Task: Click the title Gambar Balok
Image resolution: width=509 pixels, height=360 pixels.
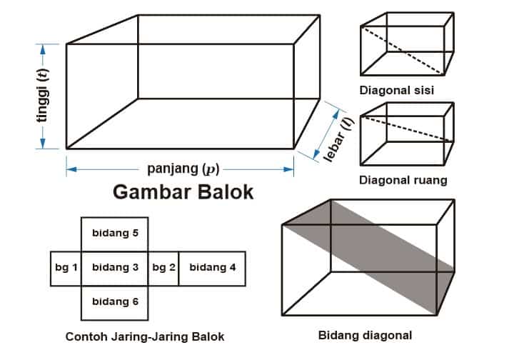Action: pos(183,193)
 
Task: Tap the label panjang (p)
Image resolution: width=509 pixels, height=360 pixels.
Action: pos(183,169)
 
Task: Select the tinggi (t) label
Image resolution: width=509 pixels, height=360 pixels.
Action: pos(44,96)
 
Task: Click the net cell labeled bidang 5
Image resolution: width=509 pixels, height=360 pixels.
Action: pos(115,233)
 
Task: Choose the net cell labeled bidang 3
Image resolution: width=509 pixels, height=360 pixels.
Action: pos(115,268)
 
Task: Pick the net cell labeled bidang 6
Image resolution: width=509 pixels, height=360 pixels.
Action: pos(115,301)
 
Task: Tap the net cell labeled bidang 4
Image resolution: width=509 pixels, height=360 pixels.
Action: pos(212,268)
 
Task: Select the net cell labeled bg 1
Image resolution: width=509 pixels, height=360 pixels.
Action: pos(66,268)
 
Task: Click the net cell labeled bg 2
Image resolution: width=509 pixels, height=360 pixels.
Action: pos(163,268)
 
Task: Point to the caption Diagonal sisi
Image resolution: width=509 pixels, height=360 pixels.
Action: pos(397,91)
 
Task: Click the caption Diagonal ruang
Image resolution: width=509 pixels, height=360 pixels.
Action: pos(403,180)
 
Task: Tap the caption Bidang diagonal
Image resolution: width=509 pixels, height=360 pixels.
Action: pos(365,334)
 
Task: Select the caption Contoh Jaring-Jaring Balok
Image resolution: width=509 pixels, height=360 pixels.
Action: pos(144,336)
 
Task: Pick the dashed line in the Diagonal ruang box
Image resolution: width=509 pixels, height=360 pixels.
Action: pos(407,129)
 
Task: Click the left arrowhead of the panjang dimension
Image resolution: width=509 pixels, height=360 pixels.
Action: pos(70,169)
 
